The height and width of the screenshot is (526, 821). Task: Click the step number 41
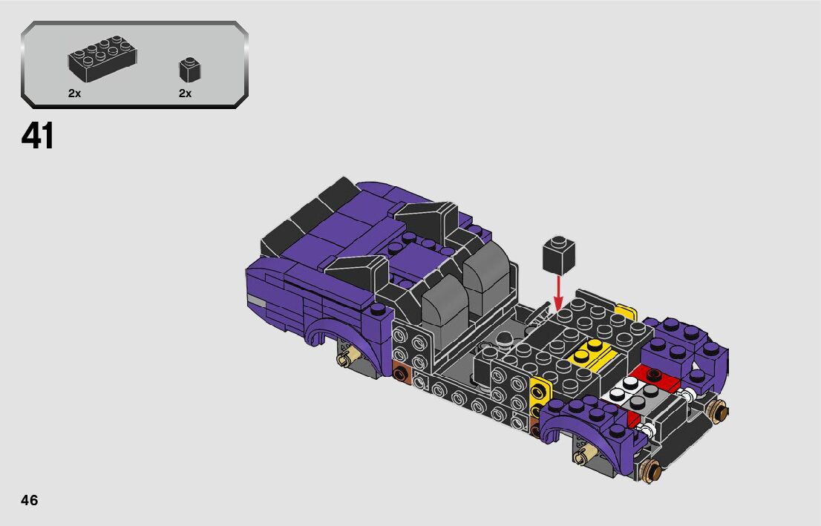(x=37, y=136)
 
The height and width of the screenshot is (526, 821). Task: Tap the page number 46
(x=30, y=500)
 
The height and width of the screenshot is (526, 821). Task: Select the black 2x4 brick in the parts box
(x=102, y=58)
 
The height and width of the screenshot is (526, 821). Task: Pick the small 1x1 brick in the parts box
(x=190, y=70)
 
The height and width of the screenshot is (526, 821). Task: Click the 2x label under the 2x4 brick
(x=74, y=93)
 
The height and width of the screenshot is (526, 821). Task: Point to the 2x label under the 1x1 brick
(x=186, y=93)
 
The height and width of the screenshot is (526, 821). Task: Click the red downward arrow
(x=559, y=292)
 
